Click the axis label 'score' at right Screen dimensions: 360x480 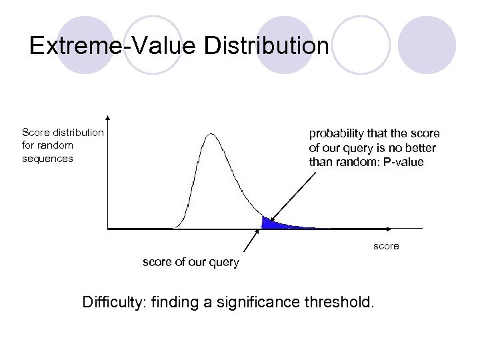[386, 246]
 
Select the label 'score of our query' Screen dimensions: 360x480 [191, 262]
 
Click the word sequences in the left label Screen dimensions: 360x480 [47, 159]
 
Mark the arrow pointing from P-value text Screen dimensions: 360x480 [290, 195]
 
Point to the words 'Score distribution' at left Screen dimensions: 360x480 [63, 132]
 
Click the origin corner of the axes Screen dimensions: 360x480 [108, 229]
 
